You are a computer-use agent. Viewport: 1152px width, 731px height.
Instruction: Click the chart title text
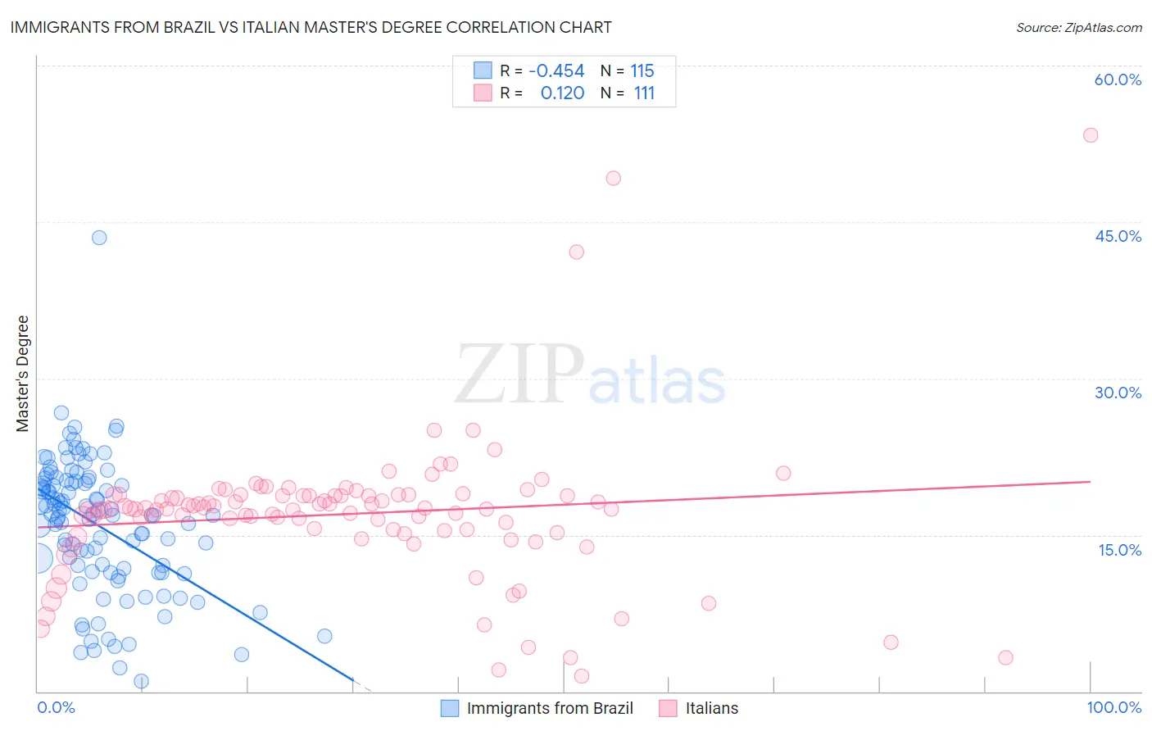point(311,28)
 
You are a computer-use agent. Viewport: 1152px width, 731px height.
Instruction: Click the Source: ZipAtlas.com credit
point(1078,28)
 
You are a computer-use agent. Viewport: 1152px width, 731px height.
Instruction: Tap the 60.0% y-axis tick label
point(1118,79)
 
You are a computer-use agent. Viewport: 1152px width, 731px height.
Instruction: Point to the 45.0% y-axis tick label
point(1118,236)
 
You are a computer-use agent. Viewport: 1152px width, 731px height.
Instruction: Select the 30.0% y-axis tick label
point(1118,393)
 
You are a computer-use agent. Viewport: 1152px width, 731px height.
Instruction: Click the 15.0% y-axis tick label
point(1119,550)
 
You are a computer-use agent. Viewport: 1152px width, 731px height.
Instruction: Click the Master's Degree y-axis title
point(23,374)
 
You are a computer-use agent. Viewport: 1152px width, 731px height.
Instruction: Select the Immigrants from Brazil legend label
point(550,709)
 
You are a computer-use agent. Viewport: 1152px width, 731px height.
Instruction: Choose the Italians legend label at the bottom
point(711,709)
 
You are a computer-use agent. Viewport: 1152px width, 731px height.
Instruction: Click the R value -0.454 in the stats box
point(556,71)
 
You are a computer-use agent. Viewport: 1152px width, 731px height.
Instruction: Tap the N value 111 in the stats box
point(644,93)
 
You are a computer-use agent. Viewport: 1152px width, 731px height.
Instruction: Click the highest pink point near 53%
point(1090,135)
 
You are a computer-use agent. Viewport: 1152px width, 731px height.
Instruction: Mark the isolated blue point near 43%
point(99,238)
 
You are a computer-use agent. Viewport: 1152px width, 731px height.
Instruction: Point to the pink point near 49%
point(613,178)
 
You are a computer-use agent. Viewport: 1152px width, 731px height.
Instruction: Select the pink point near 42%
point(576,252)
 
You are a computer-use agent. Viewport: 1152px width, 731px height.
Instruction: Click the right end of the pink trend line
point(1090,482)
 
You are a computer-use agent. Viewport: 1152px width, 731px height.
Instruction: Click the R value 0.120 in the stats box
point(562,93)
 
